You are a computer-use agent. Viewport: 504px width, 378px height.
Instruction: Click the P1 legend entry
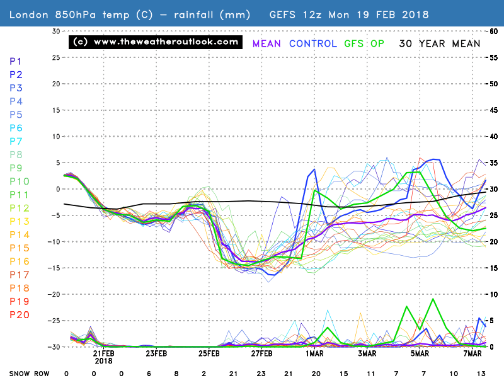(16, 61)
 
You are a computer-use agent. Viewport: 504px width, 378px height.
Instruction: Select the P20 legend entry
(19, 315)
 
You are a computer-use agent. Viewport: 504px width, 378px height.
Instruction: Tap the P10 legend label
(19, 181)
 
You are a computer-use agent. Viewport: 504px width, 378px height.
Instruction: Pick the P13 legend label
(19, 221)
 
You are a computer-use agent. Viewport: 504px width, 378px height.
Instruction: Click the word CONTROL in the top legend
(314, 43)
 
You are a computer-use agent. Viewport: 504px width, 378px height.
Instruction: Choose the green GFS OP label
(365, 43)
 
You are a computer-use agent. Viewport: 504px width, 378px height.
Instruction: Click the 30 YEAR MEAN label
(439, 43)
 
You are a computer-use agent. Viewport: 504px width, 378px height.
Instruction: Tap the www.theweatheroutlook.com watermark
(156, 42)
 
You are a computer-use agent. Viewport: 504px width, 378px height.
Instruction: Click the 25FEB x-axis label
(209, 353)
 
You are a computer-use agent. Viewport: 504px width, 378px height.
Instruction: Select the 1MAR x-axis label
(316, 353)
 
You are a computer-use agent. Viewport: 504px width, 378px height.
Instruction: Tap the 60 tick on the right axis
(495, 31)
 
